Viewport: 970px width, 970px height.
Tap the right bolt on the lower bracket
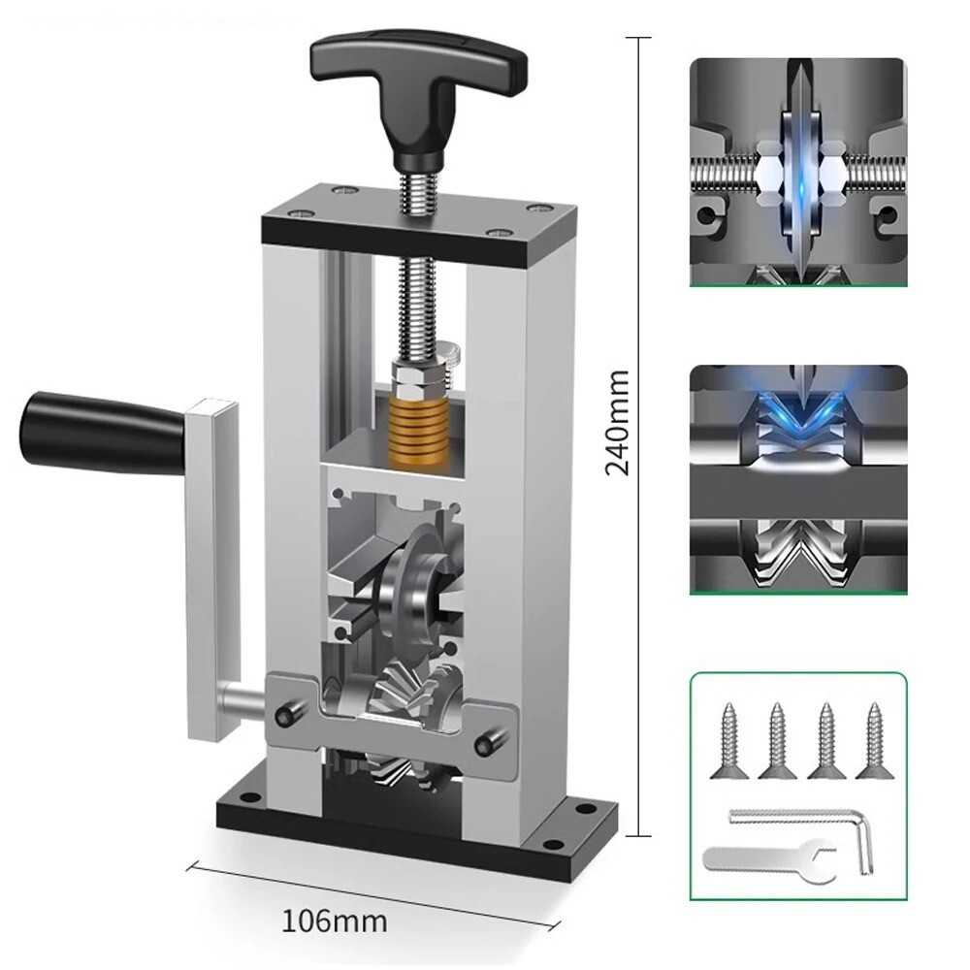[x=483, y=745]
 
